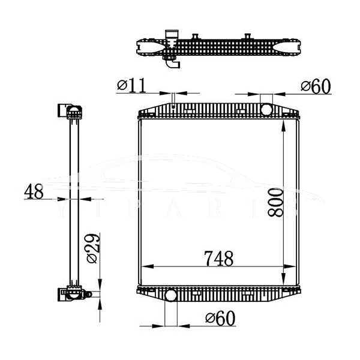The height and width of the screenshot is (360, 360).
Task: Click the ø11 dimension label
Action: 131,86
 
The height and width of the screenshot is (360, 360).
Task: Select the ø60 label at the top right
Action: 316,86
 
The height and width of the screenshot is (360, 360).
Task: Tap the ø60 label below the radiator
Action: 220,318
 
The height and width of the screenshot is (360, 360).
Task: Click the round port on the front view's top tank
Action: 266,109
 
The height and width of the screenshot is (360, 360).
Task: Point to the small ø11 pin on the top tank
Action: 173,107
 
